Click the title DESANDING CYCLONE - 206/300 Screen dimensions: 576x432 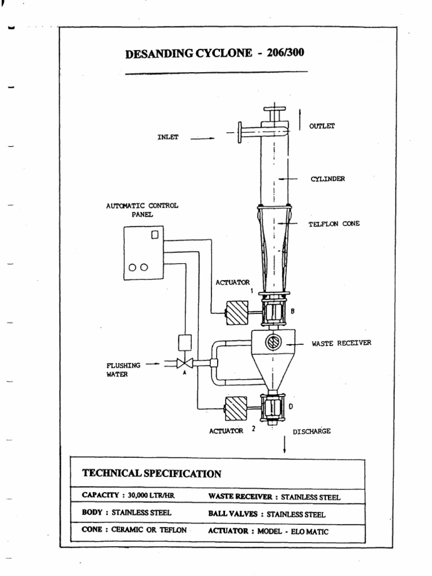point(216,55)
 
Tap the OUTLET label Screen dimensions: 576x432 point(321,126)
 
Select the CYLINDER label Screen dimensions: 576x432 point(326,179)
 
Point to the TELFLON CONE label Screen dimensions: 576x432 point(334,223)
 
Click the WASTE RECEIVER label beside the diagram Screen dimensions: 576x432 point(342,343)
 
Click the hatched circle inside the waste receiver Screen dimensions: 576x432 point(273,341)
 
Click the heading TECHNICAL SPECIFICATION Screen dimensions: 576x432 point(152,474)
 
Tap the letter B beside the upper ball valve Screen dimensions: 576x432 point(292,310)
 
